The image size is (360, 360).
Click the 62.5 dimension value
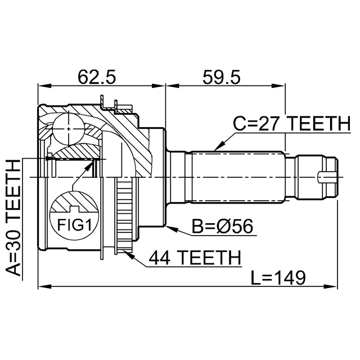point(97,75)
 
